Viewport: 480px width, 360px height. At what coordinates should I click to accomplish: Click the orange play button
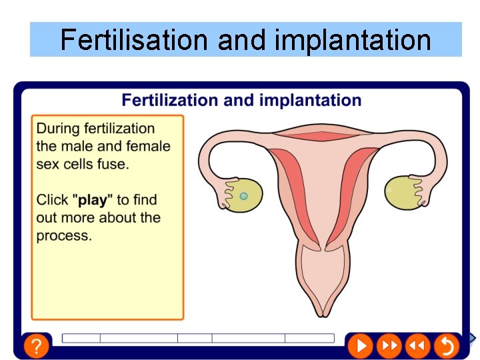[x=359, y=345]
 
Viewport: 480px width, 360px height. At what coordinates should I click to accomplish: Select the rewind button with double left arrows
[x=417, y=345]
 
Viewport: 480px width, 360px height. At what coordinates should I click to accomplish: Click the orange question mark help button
[x=37, y=346]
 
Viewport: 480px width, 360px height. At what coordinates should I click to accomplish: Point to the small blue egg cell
[x=243, y=196]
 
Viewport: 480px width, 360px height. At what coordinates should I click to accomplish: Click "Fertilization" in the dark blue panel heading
[x=169, y=101]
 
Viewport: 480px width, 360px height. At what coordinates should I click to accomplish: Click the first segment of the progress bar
[x=81, y=338]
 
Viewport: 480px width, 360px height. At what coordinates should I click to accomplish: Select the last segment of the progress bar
[x=309, y=338]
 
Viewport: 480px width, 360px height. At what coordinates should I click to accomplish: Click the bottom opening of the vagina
[x=323, y=311]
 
